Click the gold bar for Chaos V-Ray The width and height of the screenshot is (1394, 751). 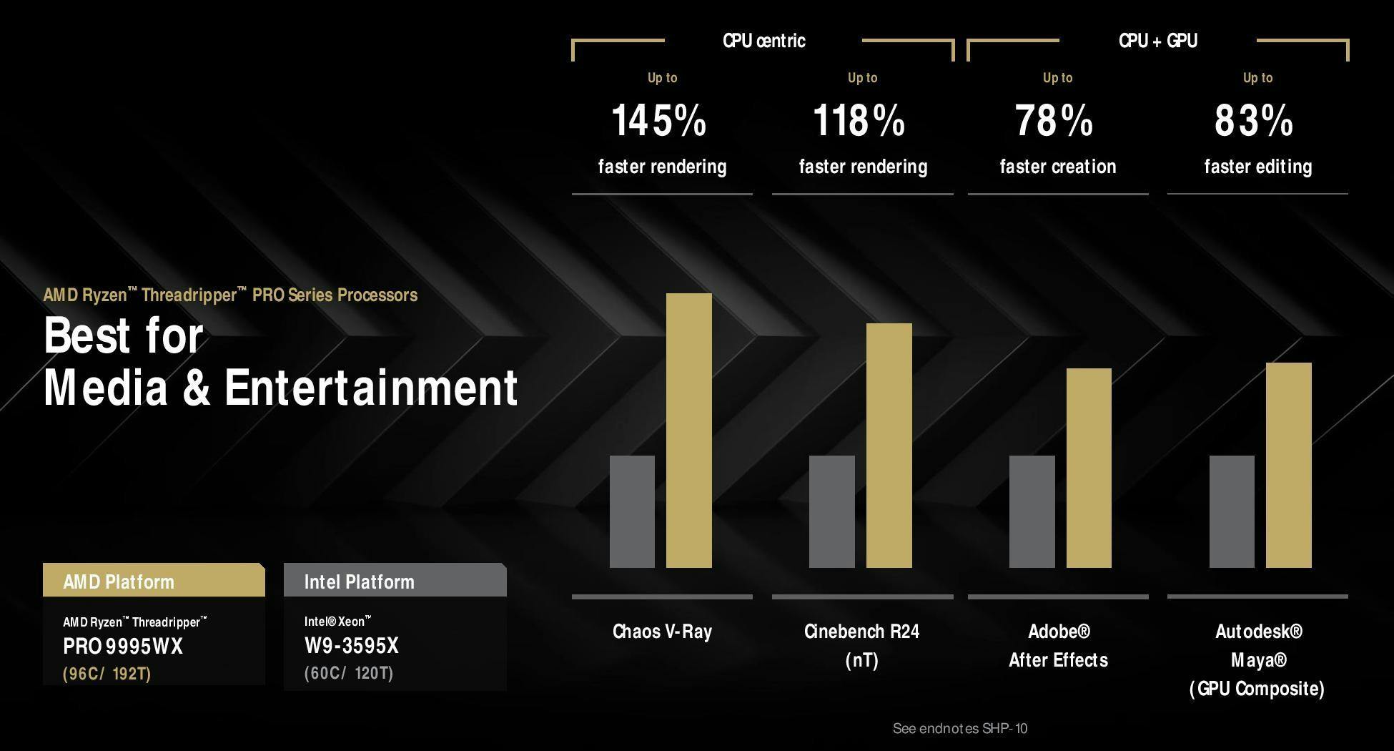point(689,431)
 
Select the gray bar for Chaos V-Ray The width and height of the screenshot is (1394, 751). point(632,511)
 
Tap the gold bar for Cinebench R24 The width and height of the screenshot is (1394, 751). point(889,446)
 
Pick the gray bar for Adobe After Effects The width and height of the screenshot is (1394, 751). point(1032,511)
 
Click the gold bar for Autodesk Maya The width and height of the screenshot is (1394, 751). point(1289,465)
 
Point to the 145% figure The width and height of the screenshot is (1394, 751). point(659,120)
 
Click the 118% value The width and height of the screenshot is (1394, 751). point(859,120)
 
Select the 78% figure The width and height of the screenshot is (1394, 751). point(1054,120)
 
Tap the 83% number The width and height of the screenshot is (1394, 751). point(1254,120)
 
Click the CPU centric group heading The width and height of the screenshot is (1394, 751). point(764,41)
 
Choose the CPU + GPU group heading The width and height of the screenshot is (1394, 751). point(1158,41)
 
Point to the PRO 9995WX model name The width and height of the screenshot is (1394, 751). point(123,647)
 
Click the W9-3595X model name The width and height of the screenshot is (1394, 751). point(352,646)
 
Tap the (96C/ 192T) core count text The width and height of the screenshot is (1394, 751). point(107,674)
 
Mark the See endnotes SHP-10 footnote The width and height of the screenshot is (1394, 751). point(960,729)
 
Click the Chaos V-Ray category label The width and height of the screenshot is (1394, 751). point(662,632)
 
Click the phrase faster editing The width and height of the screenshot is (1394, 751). point(1258,167)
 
